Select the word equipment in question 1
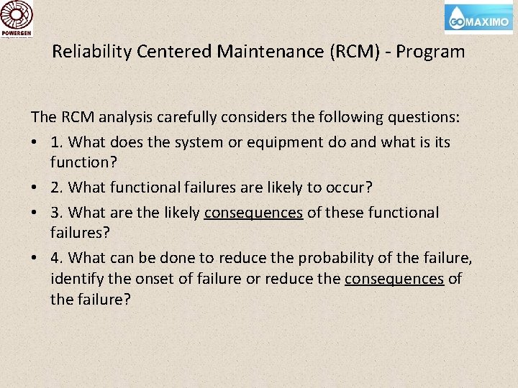coord(278,142)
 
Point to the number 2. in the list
coord(57,188)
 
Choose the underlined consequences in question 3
coord(253,213)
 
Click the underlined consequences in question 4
coord(394,278)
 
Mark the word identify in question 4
coord(73,278)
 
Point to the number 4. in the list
coord(57,258)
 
